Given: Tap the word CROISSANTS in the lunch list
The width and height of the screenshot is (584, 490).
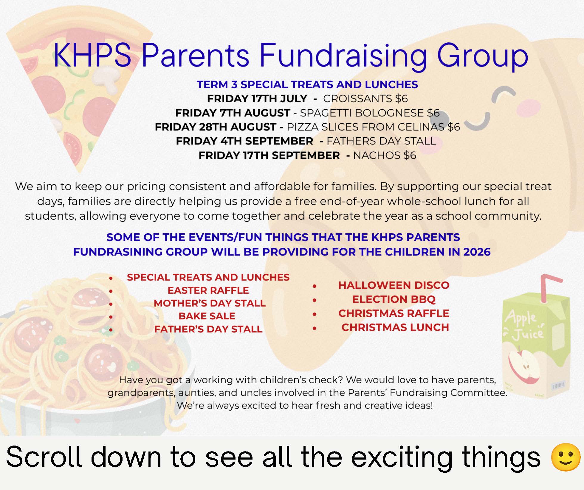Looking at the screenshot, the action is pos(357,99).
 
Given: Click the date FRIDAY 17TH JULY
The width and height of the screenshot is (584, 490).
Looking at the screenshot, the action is pos(257,99).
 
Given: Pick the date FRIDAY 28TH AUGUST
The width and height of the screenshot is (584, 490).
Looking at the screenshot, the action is pos(216,127).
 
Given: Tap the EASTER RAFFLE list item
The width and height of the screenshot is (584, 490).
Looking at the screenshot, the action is pos(208,290).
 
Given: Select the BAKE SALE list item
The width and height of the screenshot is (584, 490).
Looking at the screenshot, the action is pos(207,316).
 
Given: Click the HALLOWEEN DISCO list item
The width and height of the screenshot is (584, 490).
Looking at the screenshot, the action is pos(394,285).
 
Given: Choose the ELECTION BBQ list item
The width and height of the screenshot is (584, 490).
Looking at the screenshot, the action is pos(394,299).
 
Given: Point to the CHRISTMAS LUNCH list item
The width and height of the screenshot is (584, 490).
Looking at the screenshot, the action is pos(395,328).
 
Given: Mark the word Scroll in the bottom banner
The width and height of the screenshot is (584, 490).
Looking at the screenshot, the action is pos(44,457).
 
